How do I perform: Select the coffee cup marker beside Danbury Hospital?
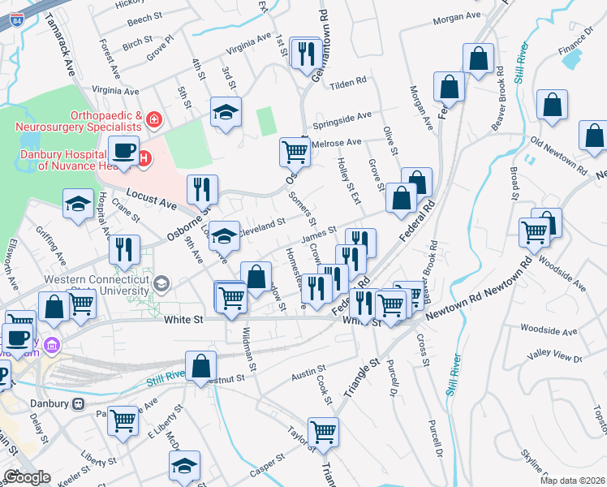pyautogui.click(x=124, y=151)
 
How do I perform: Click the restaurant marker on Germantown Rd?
pyautogui.click(x=306, y=54)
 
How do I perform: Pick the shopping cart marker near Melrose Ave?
pyautogui.click(x=295, y=152)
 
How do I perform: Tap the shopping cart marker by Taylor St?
pyautogui.click(x=323, y=432)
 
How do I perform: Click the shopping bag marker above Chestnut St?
pyautogui.click(x=200, y=366)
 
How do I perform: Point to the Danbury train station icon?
pyautogui.click(x=79, y=403)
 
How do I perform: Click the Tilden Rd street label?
pyautogui.click(x=350, y=82)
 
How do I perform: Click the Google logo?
pyautogui.click(x=27, y=477)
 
